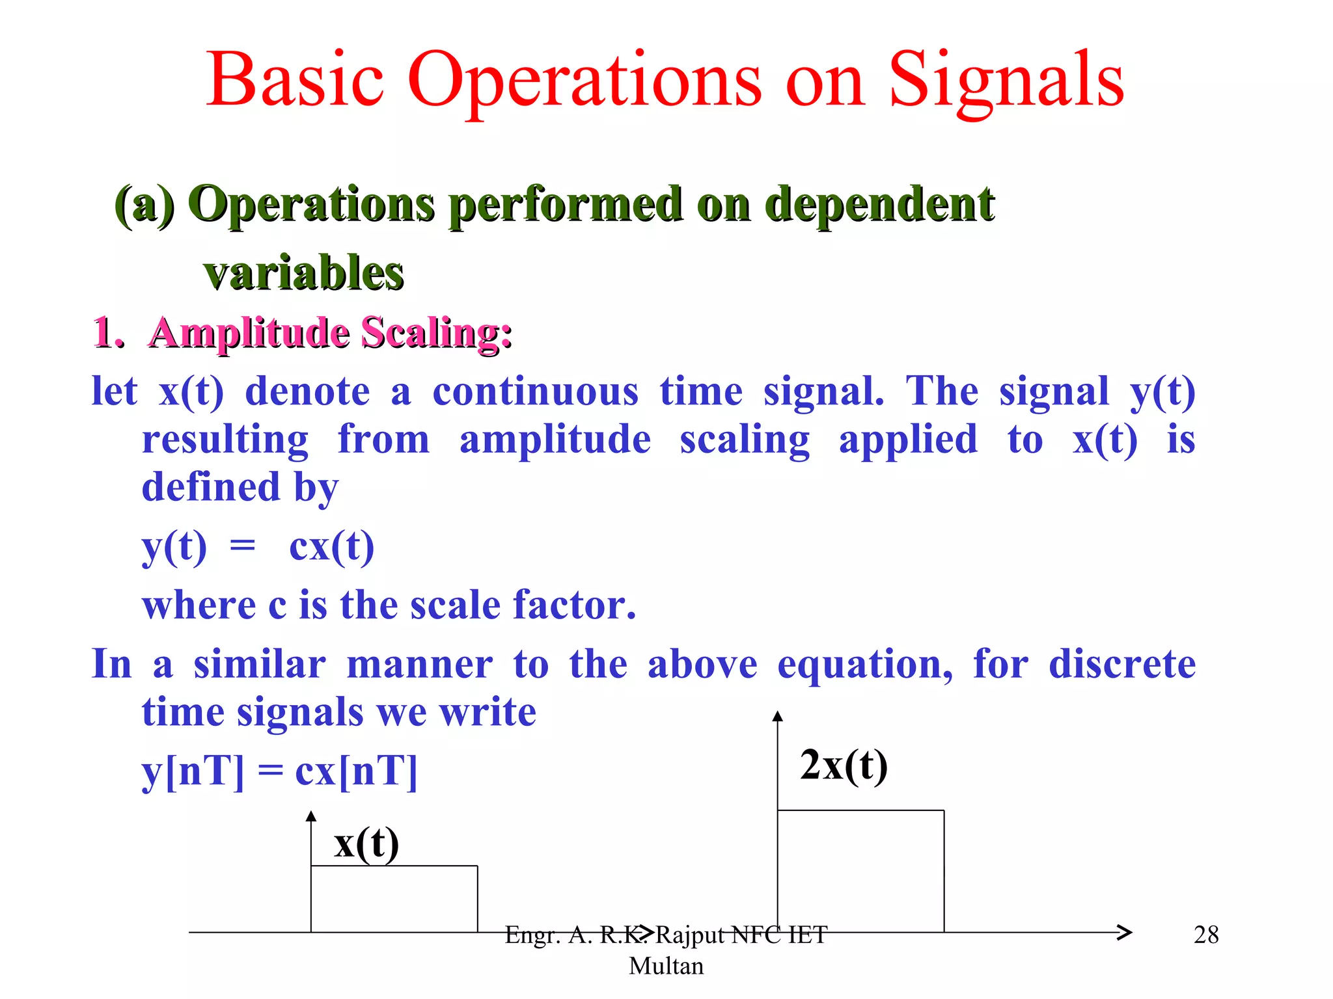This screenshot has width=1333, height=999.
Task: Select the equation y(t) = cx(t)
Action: pos(258,546)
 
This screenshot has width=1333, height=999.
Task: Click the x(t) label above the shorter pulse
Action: pos(366,844)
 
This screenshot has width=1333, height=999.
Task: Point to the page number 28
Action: pos(1206,935)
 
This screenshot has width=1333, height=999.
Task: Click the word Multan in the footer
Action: pos(666,966)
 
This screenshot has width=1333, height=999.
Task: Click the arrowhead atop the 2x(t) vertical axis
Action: pos(777,716)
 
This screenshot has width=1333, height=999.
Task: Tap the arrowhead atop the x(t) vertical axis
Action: pos(311,816)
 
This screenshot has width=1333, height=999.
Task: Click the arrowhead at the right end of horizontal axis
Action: pos(1125,933)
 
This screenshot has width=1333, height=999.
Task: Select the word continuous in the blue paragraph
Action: pos(536,392)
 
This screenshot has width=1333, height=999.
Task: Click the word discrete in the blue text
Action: pos(1122,665)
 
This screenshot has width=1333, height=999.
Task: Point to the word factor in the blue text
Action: pos(574,606)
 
